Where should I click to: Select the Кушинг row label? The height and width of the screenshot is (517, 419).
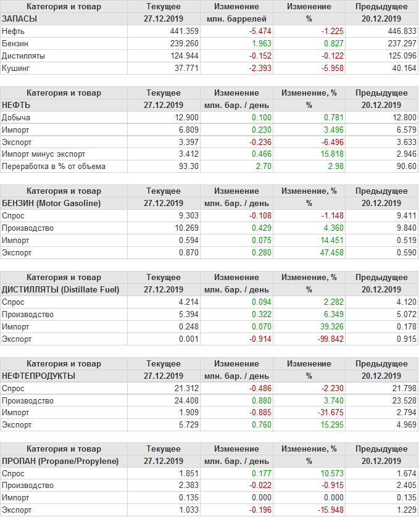[16, 68]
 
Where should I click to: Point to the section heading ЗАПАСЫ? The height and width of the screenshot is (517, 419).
[20, 19]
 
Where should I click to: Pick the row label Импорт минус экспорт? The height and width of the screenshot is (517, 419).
[44, 154]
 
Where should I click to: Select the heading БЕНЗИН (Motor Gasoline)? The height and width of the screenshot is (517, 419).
[51, 203]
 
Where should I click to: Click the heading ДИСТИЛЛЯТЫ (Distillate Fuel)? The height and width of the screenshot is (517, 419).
[60, 289]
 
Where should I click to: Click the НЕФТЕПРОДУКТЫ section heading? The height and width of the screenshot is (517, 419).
[39, 376]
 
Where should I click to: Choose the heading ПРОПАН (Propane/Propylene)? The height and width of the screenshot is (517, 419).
[60, 461]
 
